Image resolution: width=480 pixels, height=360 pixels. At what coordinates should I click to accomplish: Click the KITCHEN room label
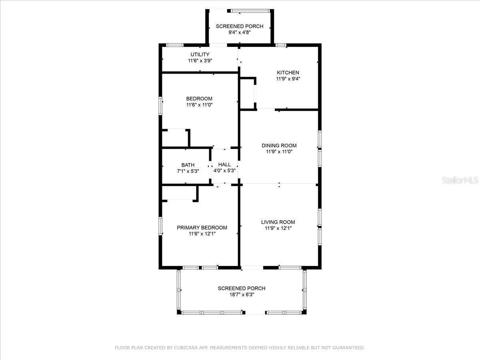click(288, 72)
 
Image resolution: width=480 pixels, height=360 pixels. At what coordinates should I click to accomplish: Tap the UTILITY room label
click(200, 54)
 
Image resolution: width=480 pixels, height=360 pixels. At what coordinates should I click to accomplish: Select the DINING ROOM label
click(279, 146)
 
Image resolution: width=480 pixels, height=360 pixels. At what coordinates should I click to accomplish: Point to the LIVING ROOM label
click(278, 222)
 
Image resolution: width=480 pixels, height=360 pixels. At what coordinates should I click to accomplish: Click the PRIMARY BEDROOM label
click(202, 228)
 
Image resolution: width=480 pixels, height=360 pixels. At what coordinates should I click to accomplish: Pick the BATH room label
click(188, 165)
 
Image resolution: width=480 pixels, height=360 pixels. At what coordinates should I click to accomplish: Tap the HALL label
click(224, 164)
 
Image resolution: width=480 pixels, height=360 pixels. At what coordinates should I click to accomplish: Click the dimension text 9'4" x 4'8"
click(240, 33)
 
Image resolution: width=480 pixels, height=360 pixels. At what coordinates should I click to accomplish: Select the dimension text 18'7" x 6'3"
click(241, 295)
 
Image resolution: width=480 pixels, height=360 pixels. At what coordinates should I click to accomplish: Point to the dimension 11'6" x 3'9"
click(200, 61)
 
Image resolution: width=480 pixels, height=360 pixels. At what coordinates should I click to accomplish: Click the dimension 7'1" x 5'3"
click(188, 171)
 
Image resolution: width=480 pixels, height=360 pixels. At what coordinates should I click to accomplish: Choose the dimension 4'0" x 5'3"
click(224, 171)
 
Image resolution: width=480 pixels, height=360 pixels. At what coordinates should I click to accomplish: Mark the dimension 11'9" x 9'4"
click(288, 79)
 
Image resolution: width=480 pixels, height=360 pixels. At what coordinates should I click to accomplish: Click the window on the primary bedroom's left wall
click(161, 225)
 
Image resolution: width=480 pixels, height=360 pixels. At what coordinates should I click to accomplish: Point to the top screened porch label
click(240, 26)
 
